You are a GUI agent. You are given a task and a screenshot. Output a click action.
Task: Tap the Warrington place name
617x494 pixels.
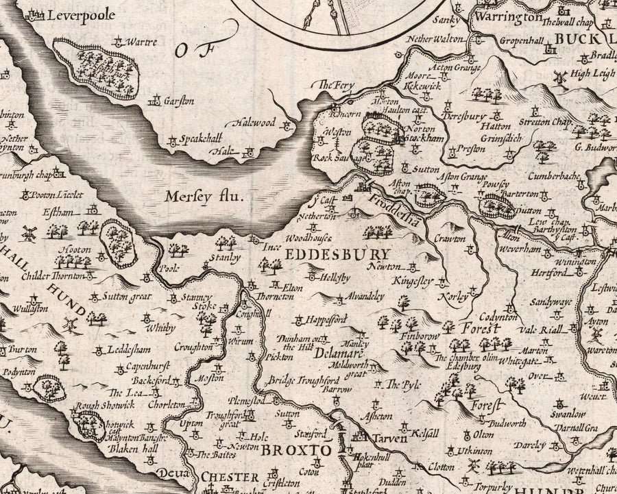click(x=514, y=16)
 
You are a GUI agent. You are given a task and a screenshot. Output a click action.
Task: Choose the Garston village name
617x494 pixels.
click(x=179, y=101)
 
